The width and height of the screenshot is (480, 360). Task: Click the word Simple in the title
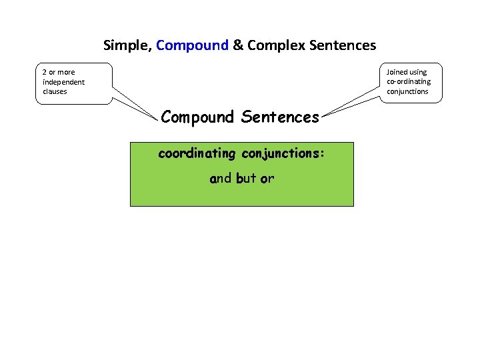click(x=127, y=46)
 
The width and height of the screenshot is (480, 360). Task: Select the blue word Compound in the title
click(x=192, y=46)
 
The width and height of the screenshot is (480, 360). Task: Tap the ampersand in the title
click(x=238, y=46)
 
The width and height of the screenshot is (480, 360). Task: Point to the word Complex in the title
click(x=273, y=46)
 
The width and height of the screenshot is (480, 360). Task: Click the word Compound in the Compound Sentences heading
click(x=197, y=117)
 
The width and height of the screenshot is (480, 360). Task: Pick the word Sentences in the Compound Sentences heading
click(x=281, y=117)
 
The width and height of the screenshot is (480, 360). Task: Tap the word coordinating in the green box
click(x=197, y=154)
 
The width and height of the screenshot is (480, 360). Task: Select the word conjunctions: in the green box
click(x=283, y=154)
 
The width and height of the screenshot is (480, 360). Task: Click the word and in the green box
click(x=220, y=179)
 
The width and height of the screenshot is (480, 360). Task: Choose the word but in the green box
click(x=246, y=179)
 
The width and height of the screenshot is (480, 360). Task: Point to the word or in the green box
click(x=267, y=179)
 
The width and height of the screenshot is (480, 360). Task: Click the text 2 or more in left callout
click(x=59, y=72)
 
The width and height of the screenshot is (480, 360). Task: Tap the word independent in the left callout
click(x=63, y=82)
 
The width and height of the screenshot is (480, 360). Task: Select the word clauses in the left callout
click(x=55, y=91)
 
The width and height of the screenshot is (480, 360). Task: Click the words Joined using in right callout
click(x=407, y=72)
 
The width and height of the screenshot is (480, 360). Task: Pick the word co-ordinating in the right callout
click(x=409, y=81)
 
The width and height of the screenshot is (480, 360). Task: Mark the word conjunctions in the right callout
click(x=408, y=91)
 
